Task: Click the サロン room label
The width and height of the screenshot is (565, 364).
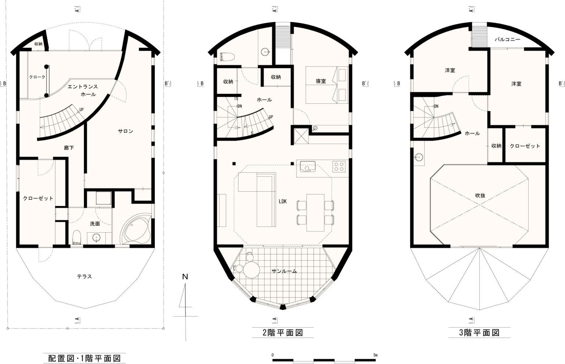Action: (x=125, y=131)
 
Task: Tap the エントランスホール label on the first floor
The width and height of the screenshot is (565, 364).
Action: (x=83, y=91)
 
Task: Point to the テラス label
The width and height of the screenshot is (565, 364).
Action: (x=84, y=276)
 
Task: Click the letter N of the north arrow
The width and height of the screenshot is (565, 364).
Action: (x=185, y=277)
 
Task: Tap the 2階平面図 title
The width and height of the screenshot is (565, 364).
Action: (x=283, y=332)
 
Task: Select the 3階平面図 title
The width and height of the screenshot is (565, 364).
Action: (x=479, y=332)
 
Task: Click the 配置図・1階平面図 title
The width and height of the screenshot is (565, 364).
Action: (x=84, y=358)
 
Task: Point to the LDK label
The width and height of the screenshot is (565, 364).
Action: (x=282, y=201)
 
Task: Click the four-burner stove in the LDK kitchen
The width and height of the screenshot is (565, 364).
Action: (x=339, y=167)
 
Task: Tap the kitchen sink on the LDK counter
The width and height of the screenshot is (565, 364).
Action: (x=308, y=167)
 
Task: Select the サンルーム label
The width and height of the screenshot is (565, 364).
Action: (x=284, y=271)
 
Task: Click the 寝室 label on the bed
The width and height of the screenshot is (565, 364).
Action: (x=321, y=81)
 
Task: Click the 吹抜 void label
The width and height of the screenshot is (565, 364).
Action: (x=480, y=195)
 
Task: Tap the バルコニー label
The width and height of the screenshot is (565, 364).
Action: (x=507, y=40)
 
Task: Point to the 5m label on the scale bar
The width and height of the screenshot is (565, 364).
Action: (x=376, y=355)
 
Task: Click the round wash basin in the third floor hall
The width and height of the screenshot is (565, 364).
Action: (x=419, y=157)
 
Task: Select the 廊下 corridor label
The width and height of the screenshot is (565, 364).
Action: (x=69, y=148)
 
